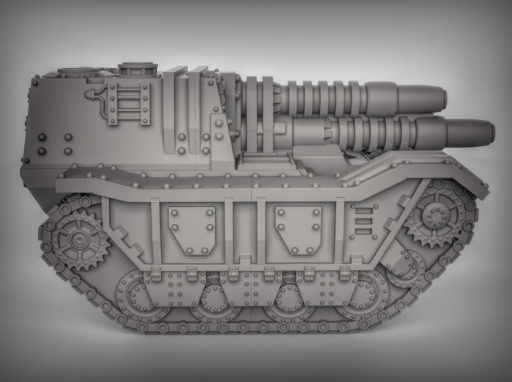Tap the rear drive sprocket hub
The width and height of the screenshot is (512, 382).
pos(79,241)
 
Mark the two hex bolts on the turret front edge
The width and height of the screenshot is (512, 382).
pos(219,129)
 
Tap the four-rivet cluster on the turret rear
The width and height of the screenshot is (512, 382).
pos(55,144)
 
